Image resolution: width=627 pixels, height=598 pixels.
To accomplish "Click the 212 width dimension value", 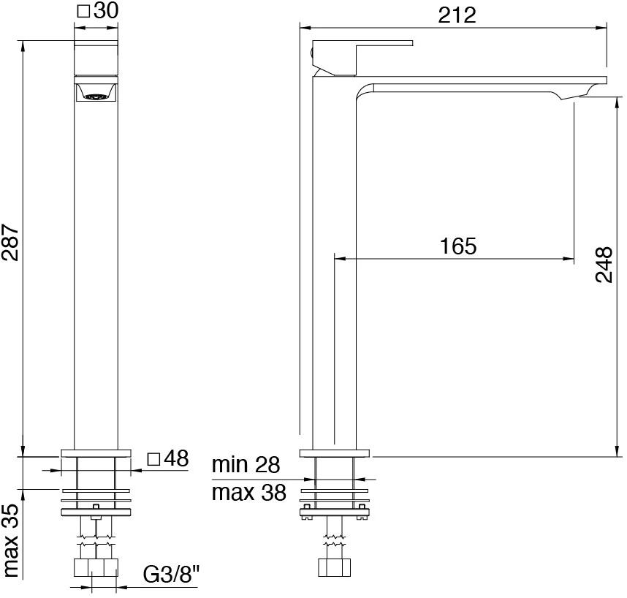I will [x=457, y=14].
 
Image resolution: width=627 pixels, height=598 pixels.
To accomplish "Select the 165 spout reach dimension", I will [x=458, y=246].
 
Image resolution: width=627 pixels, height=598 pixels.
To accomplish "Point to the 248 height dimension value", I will [x=603, y=265].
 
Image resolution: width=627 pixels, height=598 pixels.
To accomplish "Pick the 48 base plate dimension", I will [x=176, y=459].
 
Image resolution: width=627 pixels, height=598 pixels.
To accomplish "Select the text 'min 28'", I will [x=246, y=464].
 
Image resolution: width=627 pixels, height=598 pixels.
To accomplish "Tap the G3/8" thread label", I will [x=171, y=575].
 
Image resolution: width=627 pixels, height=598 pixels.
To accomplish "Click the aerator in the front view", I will [x=96, y=94].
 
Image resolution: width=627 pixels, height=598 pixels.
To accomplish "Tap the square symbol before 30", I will [x=83, y=11].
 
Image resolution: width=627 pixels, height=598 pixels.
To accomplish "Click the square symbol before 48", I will [x=153, y=459].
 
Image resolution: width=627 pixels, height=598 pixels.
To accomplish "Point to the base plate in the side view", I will [x=335, y=453].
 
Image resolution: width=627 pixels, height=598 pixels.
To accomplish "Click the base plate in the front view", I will [x=96, y=453].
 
